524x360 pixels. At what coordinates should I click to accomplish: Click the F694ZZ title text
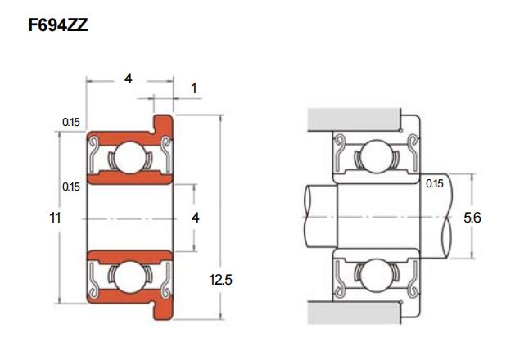tap(58, 25)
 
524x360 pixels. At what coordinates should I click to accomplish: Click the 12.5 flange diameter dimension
tap(220, 280)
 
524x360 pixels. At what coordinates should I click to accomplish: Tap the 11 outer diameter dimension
tap(55, 218)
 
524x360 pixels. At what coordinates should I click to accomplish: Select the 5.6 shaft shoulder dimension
tap(472, 218)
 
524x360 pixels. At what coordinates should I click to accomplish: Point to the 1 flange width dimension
tap(194, 88)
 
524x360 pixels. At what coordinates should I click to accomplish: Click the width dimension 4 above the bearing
tap(129, 79)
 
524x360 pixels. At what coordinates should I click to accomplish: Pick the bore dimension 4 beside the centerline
tap(196, 218)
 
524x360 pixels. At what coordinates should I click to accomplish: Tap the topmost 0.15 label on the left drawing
tap(71, 122)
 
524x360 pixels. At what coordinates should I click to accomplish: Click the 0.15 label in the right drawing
tap(435, 183)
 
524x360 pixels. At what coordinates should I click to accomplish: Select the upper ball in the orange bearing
tap(130, 158)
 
